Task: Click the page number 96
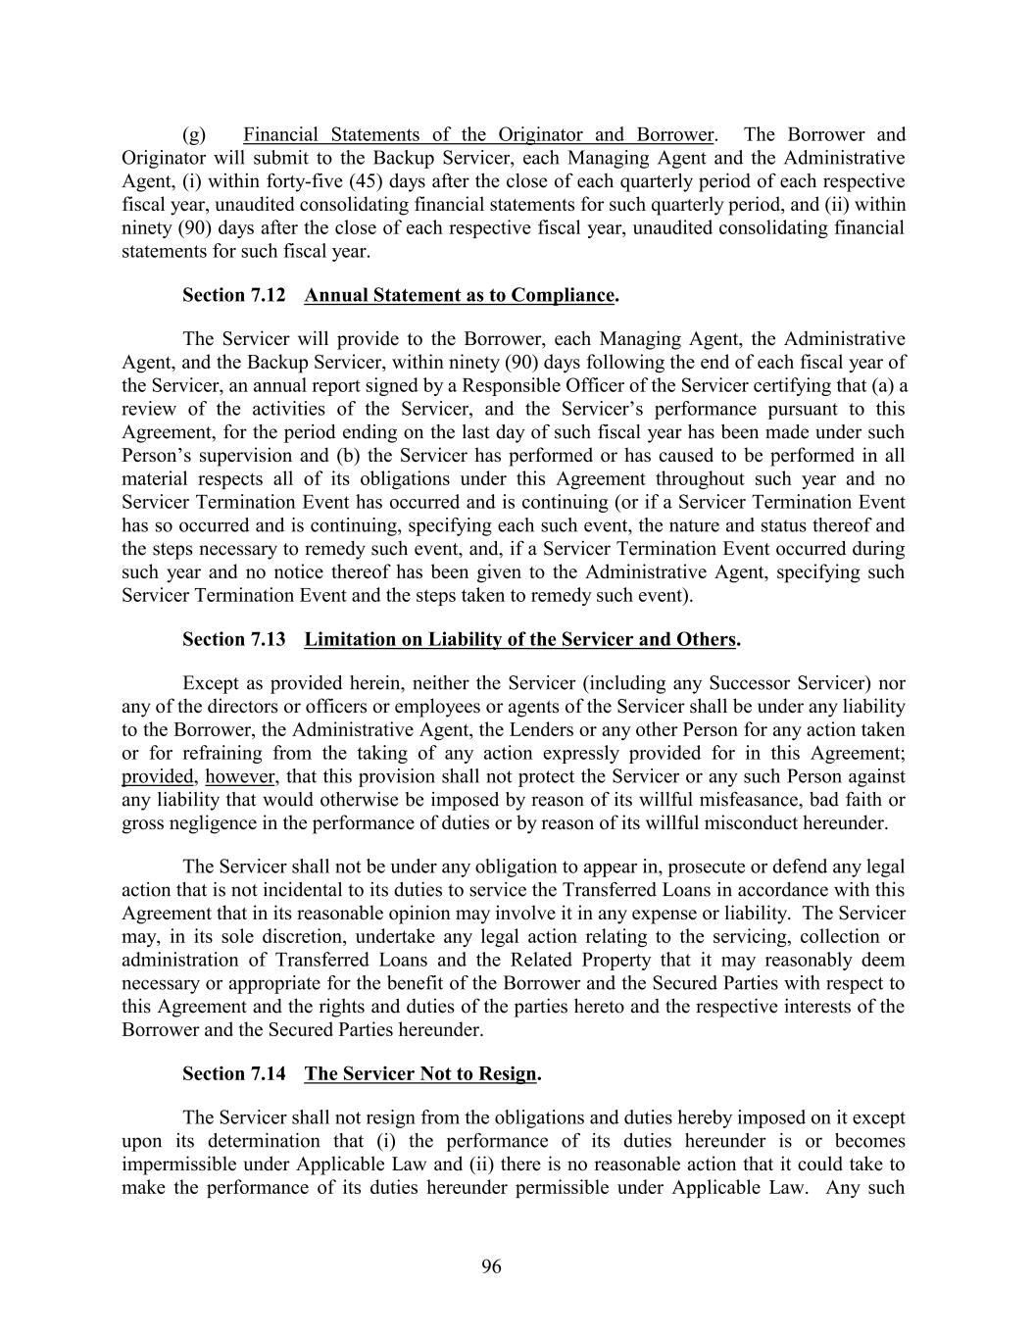pos(491,1267)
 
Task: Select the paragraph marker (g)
pos(194,134)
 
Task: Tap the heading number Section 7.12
pos(234,295)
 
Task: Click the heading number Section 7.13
pos(234,639)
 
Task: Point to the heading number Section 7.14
pos(234,1073)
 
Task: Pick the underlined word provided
pos(158,777)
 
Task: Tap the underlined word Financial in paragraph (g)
pos(282,134)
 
